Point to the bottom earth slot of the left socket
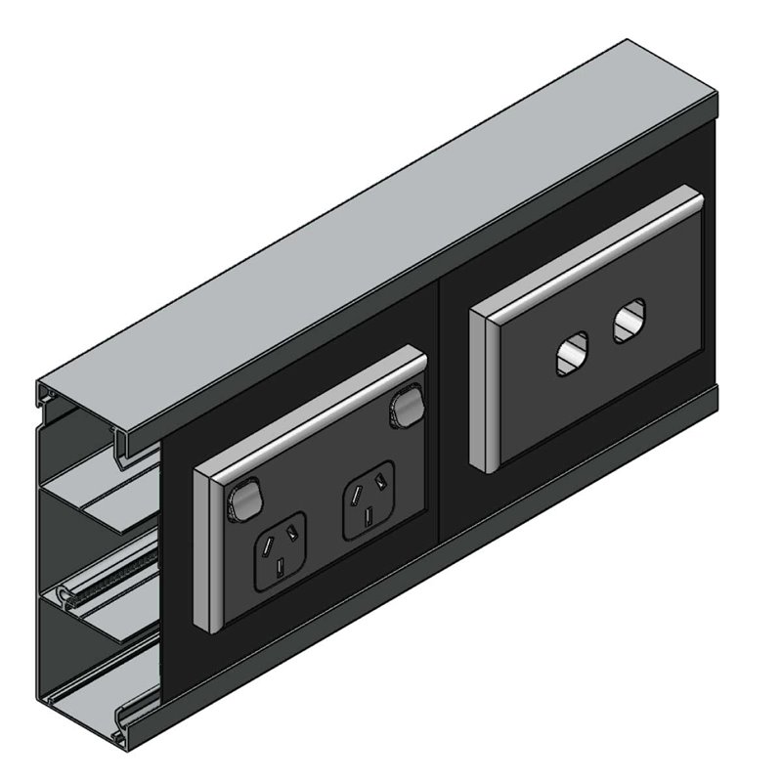282,566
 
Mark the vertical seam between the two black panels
440,391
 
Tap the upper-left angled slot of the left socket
265,541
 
